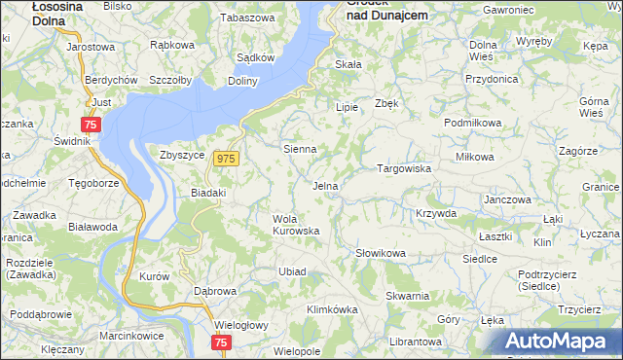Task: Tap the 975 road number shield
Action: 227,159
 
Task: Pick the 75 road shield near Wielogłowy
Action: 221,342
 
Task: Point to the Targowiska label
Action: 404,168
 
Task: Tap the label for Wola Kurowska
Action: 296,225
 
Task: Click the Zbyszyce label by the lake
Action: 180,154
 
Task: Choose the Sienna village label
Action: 299,150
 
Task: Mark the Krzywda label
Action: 435,213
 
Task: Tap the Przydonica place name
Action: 492,79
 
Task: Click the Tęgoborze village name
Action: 93,183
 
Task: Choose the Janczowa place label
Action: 507,199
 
